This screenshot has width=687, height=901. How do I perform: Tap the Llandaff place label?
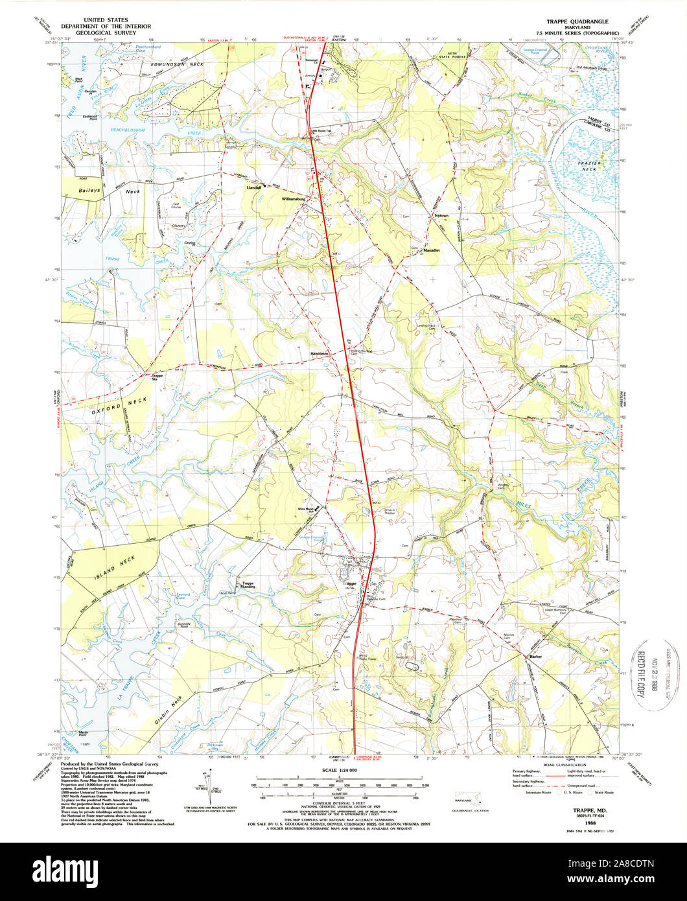point(253,187)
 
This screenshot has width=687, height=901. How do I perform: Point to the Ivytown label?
point(439,212)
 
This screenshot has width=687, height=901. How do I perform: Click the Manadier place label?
point(432,250)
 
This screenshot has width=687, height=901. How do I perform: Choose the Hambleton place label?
point(320,353)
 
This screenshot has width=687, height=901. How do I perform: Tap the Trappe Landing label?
point(248,585)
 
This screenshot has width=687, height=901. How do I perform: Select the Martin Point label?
point(83,734)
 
